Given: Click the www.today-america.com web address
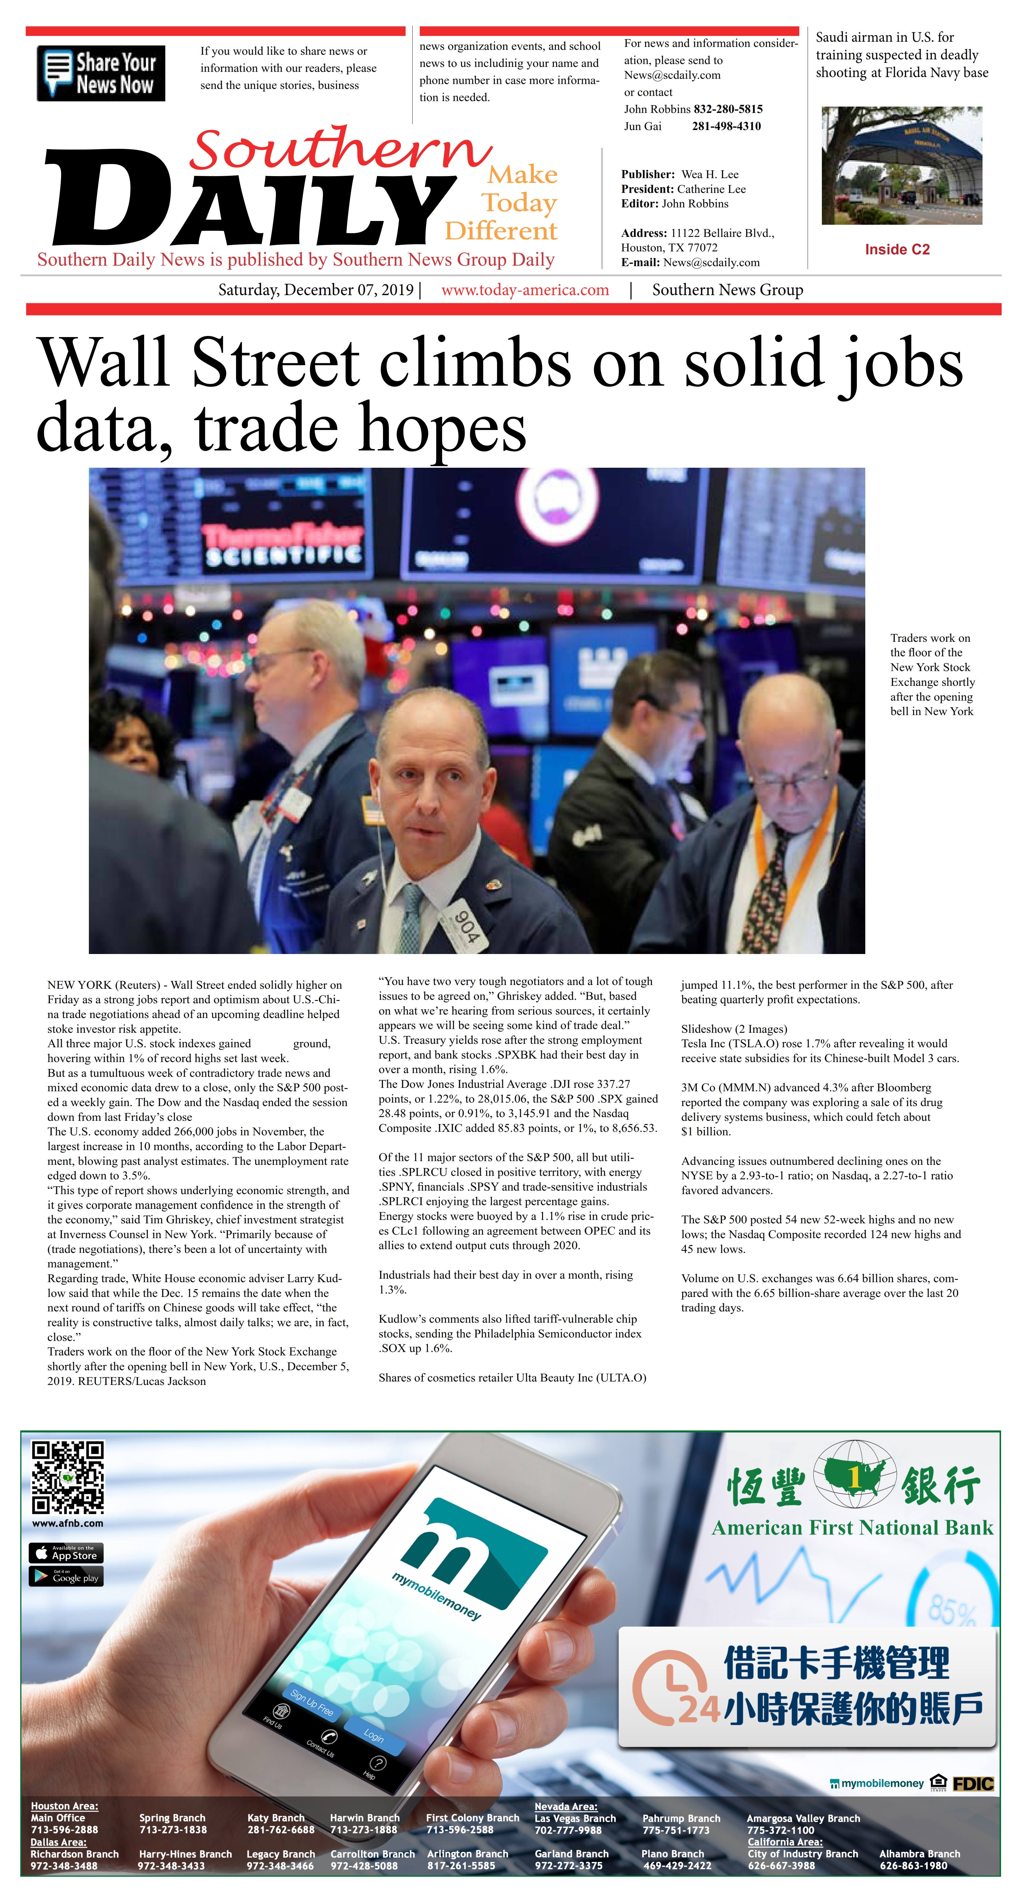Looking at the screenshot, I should (525, 290).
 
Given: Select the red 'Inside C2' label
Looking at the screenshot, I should (897, 250).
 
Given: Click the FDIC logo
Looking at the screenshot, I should (973, 1783).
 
